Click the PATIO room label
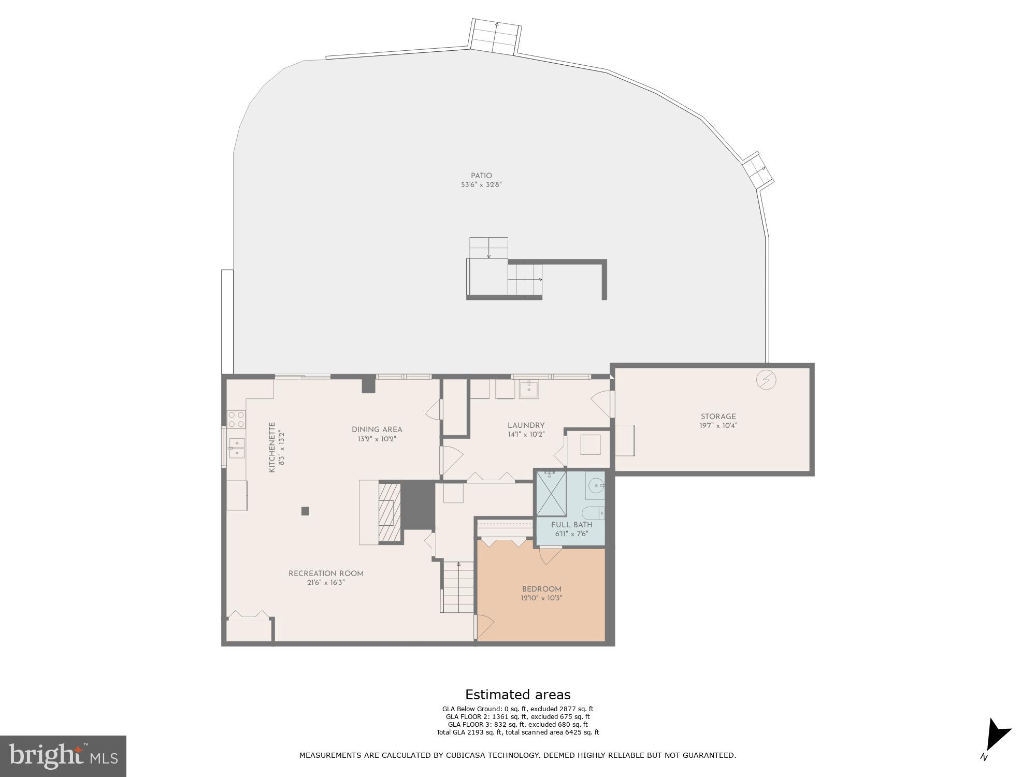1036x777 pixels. [481, 176]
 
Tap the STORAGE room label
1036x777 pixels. [718, 416]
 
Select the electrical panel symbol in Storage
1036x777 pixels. [766, 380]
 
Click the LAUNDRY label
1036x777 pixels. [526, 425]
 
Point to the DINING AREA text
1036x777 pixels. [377, 429]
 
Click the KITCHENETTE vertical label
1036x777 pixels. [271, 448]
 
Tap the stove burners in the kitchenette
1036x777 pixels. [236, 419]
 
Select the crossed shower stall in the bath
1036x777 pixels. [551, 493]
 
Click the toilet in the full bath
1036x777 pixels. [594, 513]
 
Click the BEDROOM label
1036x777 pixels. [541, 589]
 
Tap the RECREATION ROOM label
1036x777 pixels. [326, 573]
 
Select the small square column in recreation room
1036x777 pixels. [305, 511]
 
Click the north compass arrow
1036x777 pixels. [997, 735]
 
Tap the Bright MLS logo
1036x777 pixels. [63, 756]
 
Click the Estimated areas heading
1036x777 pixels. [517, 695]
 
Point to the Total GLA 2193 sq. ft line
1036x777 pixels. [517, 732]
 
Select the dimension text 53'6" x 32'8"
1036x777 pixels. [481, 184]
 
